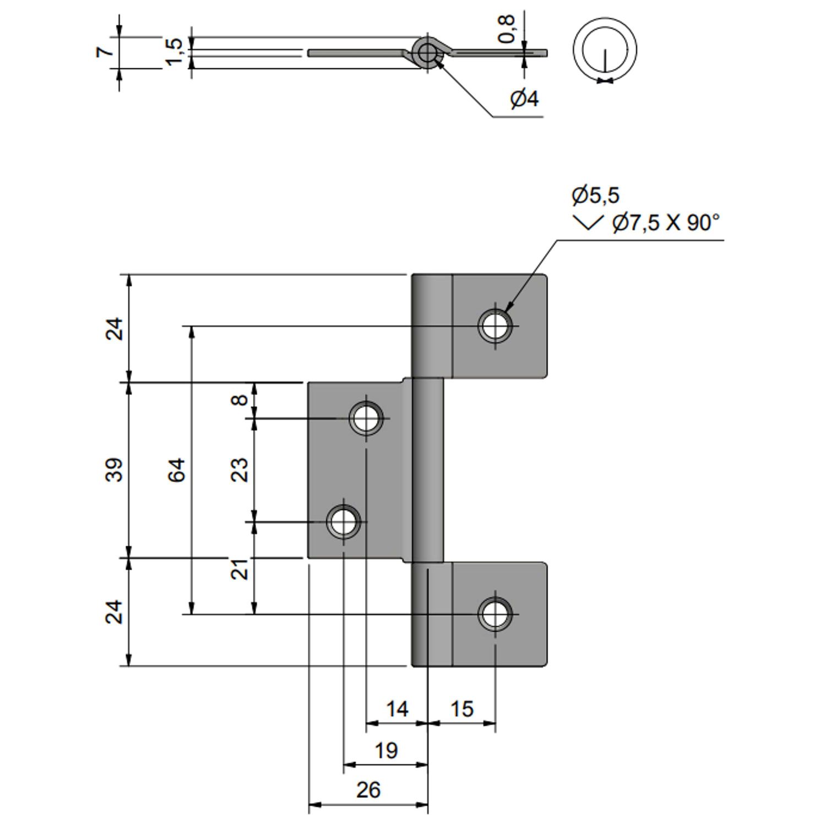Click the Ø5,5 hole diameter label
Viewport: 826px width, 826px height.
[x=595, y=195]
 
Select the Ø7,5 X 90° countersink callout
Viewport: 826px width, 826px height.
[x=666, y=222]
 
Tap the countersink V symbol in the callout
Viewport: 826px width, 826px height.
[x=588, y=222]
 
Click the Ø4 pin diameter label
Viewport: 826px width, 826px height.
[x=524, y=99]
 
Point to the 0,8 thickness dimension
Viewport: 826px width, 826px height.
[x=507, y=29]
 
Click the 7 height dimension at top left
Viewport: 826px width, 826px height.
[x=105, y=51]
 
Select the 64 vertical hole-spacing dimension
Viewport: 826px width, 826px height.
[x=177, y=470]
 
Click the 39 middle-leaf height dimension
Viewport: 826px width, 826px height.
[x=115, y=470]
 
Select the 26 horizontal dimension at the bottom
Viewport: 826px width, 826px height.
[x=368, y=790]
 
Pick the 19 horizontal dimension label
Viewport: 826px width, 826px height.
[x=385, y=750]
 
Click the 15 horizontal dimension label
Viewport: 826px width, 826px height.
[x=461, y=709]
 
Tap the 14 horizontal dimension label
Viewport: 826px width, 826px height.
[x=396, y=709]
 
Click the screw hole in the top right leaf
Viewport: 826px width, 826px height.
[x=495, y=325]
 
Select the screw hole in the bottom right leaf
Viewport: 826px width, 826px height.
[x=495, y=614]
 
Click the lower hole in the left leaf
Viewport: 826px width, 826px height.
[x=344, y=521]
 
